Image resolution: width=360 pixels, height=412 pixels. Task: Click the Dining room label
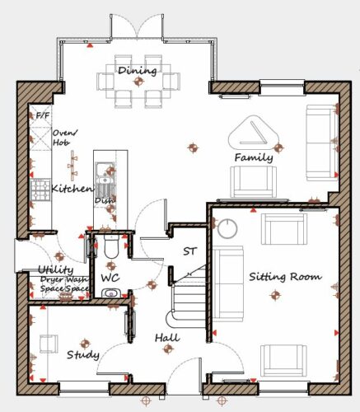coord(138,71)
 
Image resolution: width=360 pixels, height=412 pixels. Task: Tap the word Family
coord(254,157)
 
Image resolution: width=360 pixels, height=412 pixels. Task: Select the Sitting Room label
coord(285,277)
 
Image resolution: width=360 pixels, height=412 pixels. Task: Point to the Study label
coord(83,354)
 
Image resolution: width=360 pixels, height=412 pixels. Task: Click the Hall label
coord(167,338)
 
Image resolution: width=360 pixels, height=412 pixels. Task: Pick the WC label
coord(110,278)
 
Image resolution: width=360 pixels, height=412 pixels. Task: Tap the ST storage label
coord(189,251)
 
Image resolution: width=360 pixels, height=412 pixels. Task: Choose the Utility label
coord(56,270)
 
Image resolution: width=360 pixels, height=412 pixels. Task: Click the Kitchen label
coord(72,189)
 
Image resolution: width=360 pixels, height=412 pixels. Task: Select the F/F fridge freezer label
coord(43,115)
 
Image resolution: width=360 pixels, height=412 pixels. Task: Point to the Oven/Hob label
coord(65,138)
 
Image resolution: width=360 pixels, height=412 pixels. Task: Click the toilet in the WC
coord(111,246)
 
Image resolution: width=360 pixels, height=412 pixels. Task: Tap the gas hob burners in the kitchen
coord(40,190)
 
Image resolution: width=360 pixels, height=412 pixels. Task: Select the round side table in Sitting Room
coord(227,228)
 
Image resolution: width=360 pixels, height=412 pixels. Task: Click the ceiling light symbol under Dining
coord(138,82)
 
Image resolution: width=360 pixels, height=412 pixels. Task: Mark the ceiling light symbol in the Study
coord(85,344)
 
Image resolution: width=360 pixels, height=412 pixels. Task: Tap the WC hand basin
coord(111,293)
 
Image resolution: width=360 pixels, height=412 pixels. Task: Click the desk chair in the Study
coord(49,344)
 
